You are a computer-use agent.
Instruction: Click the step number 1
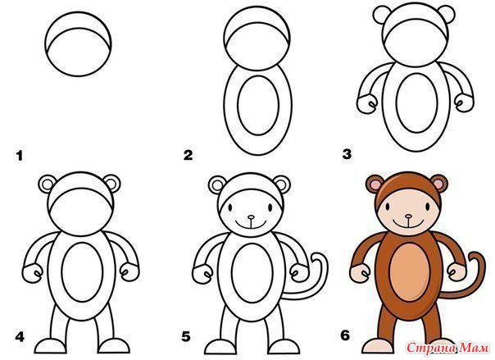(x=20, y=156)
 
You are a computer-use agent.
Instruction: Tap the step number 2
(x=188, y=155)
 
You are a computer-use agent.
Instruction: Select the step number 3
(x=347, y=154)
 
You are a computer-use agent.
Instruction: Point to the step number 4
(x=20, y=337)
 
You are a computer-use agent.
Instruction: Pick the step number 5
(x=186, y=337)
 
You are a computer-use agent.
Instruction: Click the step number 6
(x=345, y=335)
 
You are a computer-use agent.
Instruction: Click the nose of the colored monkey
(x=409, y=216)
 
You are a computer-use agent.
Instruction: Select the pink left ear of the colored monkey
(x=375, y=184)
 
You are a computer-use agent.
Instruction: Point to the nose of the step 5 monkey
(x=251, y=217)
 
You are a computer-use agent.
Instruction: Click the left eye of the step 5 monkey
(x=230, y=207)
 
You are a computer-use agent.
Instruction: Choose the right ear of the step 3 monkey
(x=446, y=13)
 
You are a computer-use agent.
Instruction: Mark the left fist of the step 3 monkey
(x=367, y=103)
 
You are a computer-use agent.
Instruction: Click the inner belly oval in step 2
(x=258, y=105)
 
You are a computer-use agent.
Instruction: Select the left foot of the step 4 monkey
(x=51, y=346)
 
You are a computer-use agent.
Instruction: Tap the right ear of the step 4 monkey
(x=111, y=185)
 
